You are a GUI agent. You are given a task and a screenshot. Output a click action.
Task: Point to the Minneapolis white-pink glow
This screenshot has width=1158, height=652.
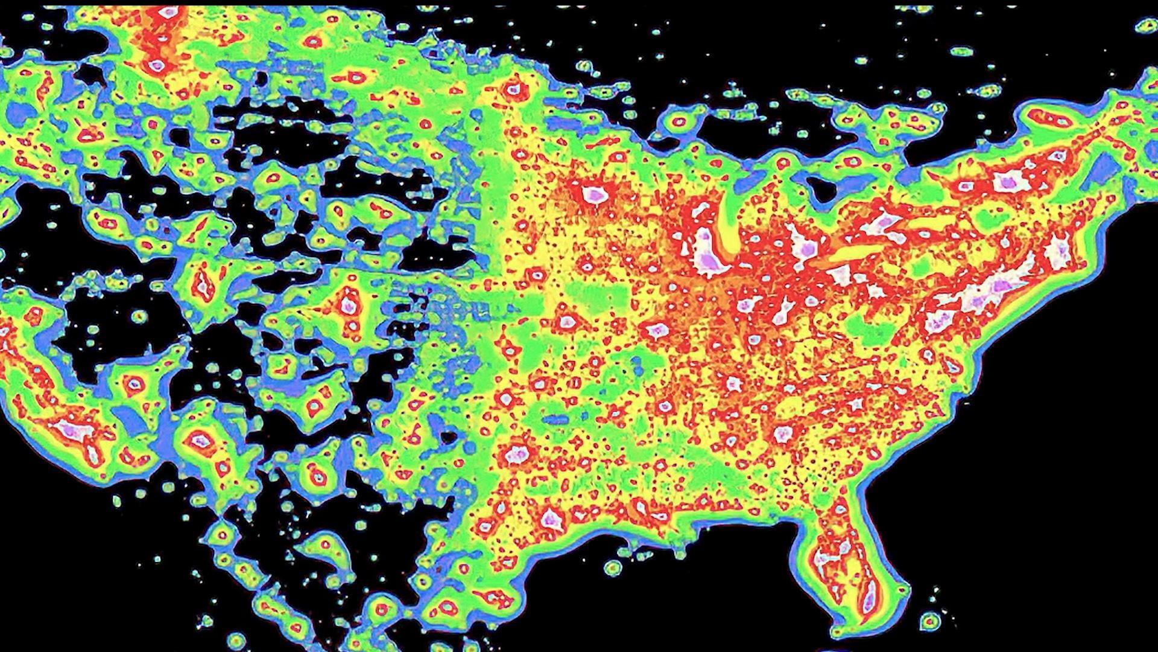point(594,194)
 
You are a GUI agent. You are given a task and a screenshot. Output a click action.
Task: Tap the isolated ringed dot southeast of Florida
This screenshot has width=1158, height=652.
point(929,620)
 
